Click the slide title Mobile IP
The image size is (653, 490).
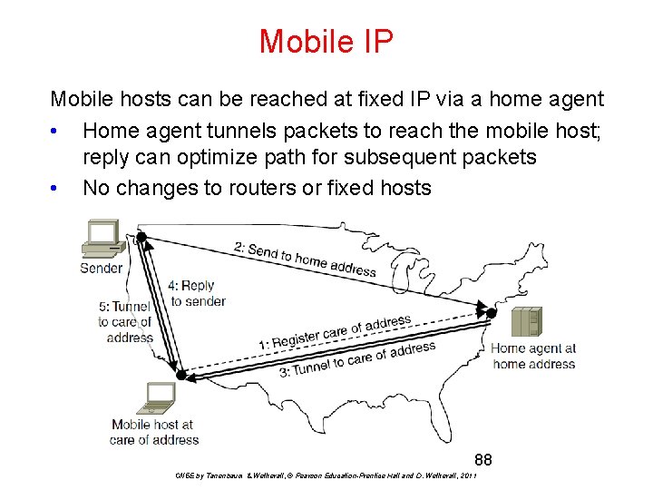point(326,41)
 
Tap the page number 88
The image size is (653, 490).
point(482,460)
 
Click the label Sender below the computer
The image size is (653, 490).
point(101,268)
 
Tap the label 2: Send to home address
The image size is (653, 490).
point(305,259)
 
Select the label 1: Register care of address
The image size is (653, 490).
point(335,332)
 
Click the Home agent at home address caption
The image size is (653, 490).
point(533,356)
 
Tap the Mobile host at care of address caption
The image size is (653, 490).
point(154,432)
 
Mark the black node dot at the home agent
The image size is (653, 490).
point(492,312)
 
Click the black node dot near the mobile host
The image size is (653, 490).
point(181,374)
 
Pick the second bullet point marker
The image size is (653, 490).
point(56,189)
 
